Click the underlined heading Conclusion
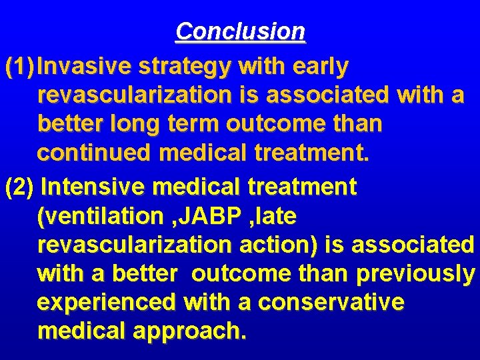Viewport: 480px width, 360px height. click(241, 31)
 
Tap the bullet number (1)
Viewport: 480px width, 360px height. click(19, 67)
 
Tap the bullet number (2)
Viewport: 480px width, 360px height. click(19, 187)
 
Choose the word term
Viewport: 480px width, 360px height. click(191, 125)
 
